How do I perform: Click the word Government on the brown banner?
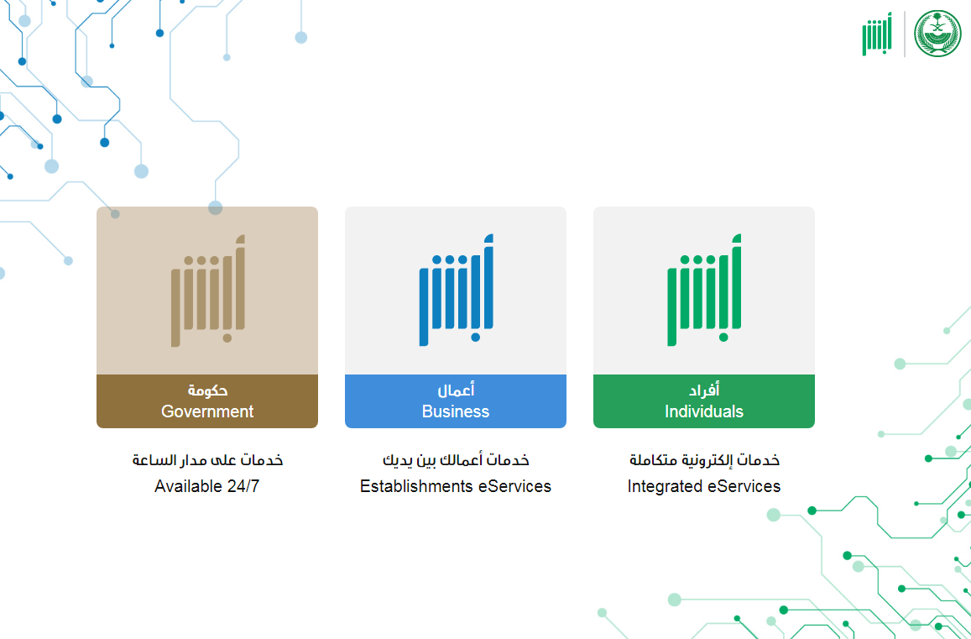click(x=207, y=411)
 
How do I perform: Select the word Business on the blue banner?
click(x=456, y=411)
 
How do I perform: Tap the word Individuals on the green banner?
click(x=704, y=411)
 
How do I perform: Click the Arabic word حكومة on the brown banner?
click(x=207, y=390)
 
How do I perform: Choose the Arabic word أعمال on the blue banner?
click(x=456, y=390)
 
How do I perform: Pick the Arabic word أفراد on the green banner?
click(x=704, y=390)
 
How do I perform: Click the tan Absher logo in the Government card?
click(x=208, y=290)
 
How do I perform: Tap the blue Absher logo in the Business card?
click(x=457, y=290)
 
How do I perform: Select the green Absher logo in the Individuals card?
click(x=705, y=290)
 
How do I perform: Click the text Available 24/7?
click(x=206, y=486)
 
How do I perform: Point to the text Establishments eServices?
click(x=456, y=486)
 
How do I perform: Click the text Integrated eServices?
click(x=704, y=486)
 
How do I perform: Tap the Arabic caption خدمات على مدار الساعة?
click(x=207, y=460)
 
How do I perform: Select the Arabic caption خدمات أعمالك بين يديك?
click(x=456, y=460)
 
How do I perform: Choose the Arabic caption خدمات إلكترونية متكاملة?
click(x=704, y=460)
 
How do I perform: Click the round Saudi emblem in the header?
click(x=937, y=34)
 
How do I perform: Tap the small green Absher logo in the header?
click(x=877, y=34)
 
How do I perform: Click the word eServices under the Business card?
click(x=514, y=486)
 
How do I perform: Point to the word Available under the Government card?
click(x=188, y=486)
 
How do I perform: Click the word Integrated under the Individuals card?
click(x=665, y=486)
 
